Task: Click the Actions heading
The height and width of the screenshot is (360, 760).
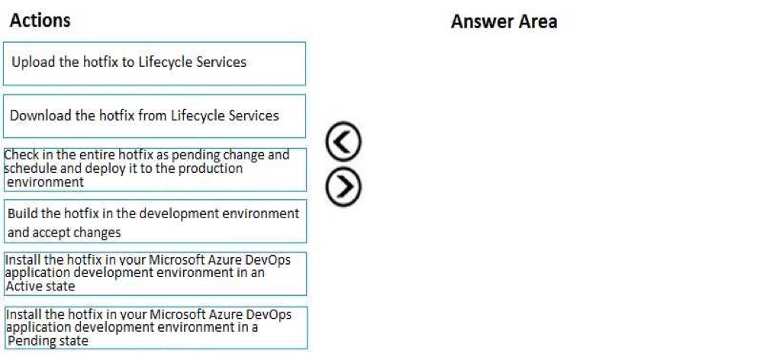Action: pos(40,21)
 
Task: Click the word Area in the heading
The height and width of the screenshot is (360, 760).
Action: pos(537,22)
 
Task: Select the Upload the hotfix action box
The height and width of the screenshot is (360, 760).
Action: pos(154,63)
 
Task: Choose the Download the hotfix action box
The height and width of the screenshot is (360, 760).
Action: pos(154,116)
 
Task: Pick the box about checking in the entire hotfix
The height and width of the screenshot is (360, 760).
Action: pos(155,169)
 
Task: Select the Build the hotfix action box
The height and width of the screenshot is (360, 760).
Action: pos(155,221)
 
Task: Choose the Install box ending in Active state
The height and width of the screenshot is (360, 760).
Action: pos(155,274)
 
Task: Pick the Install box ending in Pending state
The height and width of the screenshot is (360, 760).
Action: pos(155,327)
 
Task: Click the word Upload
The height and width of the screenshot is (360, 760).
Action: pos(33,63)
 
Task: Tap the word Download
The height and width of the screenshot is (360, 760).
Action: pos(40,115)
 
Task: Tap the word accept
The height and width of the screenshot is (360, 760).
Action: pos(49,233)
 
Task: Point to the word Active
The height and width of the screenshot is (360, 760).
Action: pos(21,286)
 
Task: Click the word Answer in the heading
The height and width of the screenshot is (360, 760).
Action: pos(481,22)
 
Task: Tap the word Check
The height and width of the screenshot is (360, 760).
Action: pos(19,155)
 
